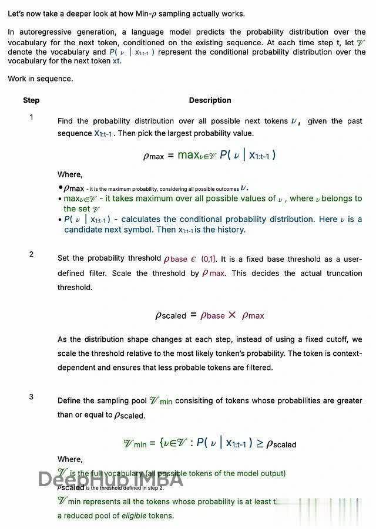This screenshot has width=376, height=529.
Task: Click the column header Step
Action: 31,100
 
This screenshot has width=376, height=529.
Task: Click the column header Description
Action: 210,100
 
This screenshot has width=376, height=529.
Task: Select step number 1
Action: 31,117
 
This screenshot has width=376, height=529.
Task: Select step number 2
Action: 31,254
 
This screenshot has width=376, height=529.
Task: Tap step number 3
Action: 31,397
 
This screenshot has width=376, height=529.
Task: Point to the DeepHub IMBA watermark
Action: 110,480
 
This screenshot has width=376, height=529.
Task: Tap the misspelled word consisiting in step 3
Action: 199,401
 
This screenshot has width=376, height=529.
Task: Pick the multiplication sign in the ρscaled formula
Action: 232,315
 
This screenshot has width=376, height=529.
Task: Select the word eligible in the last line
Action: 135,515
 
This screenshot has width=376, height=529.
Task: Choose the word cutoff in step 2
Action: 337,339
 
